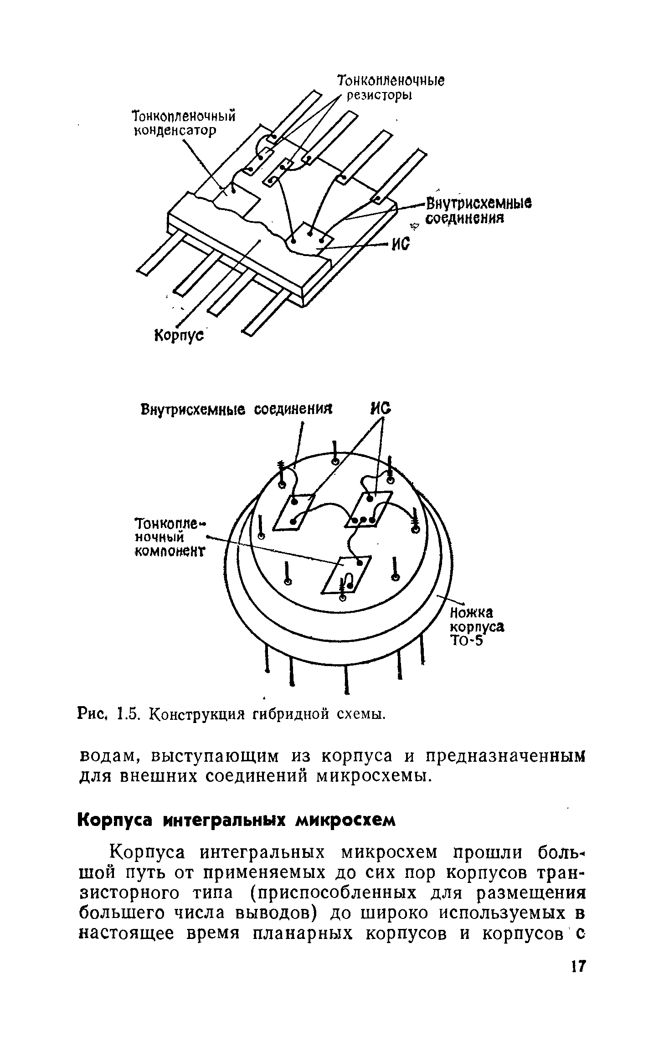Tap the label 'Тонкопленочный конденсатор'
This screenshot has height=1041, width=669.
coord(183,123)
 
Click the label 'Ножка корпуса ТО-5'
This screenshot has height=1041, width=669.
coord(477,626)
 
